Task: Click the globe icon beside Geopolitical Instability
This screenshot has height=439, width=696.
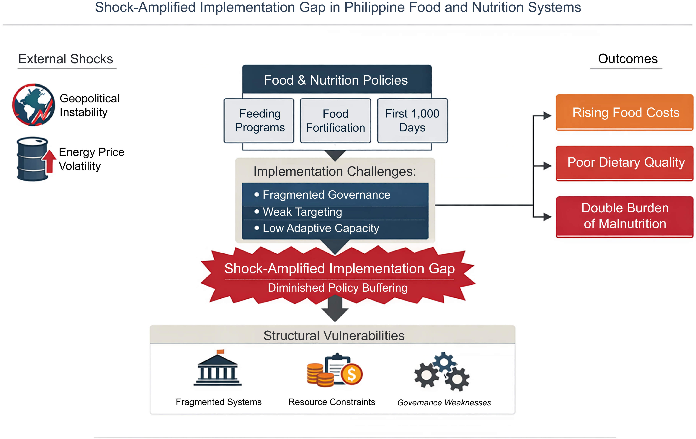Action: tap(34, 105)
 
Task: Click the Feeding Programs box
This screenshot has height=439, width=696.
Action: tap(259, 120)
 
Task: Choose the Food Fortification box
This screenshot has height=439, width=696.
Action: tap(336, 120)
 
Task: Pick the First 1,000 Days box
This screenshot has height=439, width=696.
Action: tap(412, 120)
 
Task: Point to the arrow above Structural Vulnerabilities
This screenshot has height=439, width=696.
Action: tap(335, 309)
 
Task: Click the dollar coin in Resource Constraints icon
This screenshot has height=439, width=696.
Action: tap(352, 374)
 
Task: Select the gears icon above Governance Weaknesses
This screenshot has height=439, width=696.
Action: tap(442, 371)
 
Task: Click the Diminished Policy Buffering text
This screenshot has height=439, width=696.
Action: tap(338, 288)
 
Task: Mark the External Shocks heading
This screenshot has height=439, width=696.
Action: tap(66, 59)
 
